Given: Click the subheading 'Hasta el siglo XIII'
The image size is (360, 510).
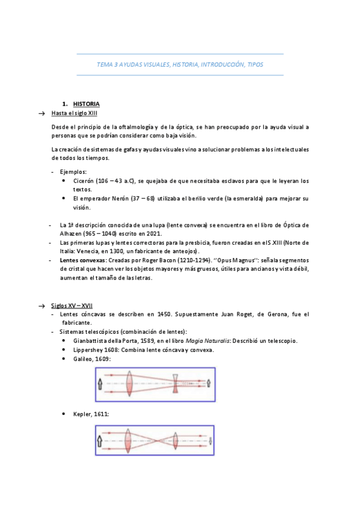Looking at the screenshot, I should coord(75,113).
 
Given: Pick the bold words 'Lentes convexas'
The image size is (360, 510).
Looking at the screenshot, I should coord(81,260).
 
